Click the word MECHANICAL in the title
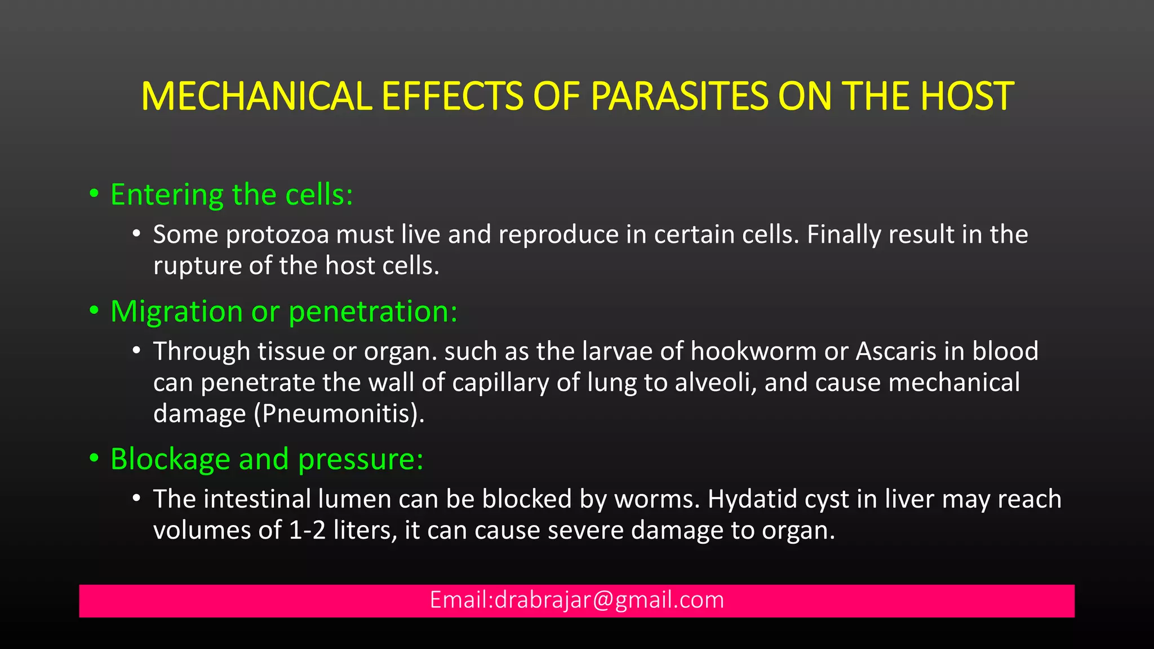pos(256,96)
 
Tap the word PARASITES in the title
pos(680,96)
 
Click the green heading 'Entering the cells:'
pos(232,195)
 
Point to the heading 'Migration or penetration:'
pos(284,312)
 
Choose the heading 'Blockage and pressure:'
pos(267,459)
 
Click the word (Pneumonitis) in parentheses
pos(339,414)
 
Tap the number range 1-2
pos(307,531)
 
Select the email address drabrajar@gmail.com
pos(609,600)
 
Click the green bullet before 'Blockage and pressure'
pos(94,459)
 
